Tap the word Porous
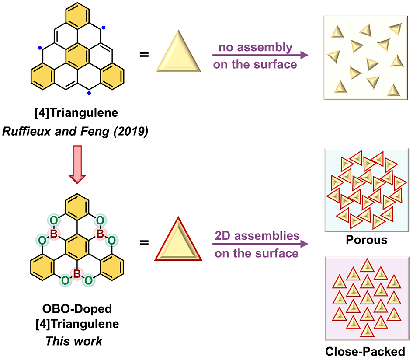[366, 240]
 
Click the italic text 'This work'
[74, 341]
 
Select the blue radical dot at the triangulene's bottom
[89, 93]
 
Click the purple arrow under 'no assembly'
[260, 55]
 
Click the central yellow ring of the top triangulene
[77, 55]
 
